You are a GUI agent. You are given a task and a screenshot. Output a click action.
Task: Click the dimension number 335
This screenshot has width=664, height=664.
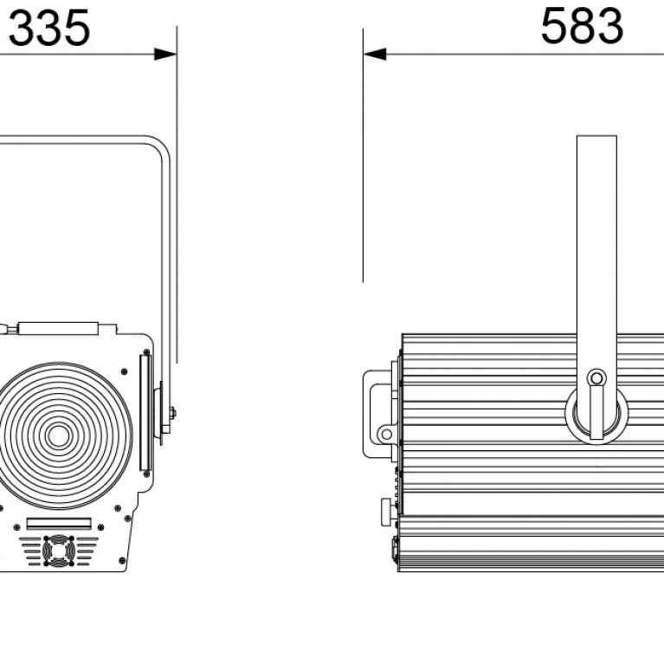[49, 28]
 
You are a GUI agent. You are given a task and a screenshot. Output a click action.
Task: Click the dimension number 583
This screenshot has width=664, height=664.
[582, 26]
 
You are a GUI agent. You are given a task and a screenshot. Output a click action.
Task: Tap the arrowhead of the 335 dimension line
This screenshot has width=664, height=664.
[165, 55]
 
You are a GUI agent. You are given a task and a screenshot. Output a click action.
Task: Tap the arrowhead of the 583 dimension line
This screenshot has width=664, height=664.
[375, 55]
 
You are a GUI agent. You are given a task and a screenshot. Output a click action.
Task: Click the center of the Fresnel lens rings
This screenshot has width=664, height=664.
[59, 435]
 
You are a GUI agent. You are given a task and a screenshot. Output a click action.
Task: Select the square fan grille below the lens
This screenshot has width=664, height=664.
[59, 551]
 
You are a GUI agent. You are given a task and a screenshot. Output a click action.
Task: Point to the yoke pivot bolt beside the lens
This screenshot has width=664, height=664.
[172, 413]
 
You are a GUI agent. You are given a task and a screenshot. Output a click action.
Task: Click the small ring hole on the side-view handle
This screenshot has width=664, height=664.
[386, 434]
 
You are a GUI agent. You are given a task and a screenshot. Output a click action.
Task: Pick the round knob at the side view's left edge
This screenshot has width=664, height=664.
[389, 512]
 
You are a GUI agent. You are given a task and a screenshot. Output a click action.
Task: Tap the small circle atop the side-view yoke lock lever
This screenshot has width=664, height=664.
[596, 378]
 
